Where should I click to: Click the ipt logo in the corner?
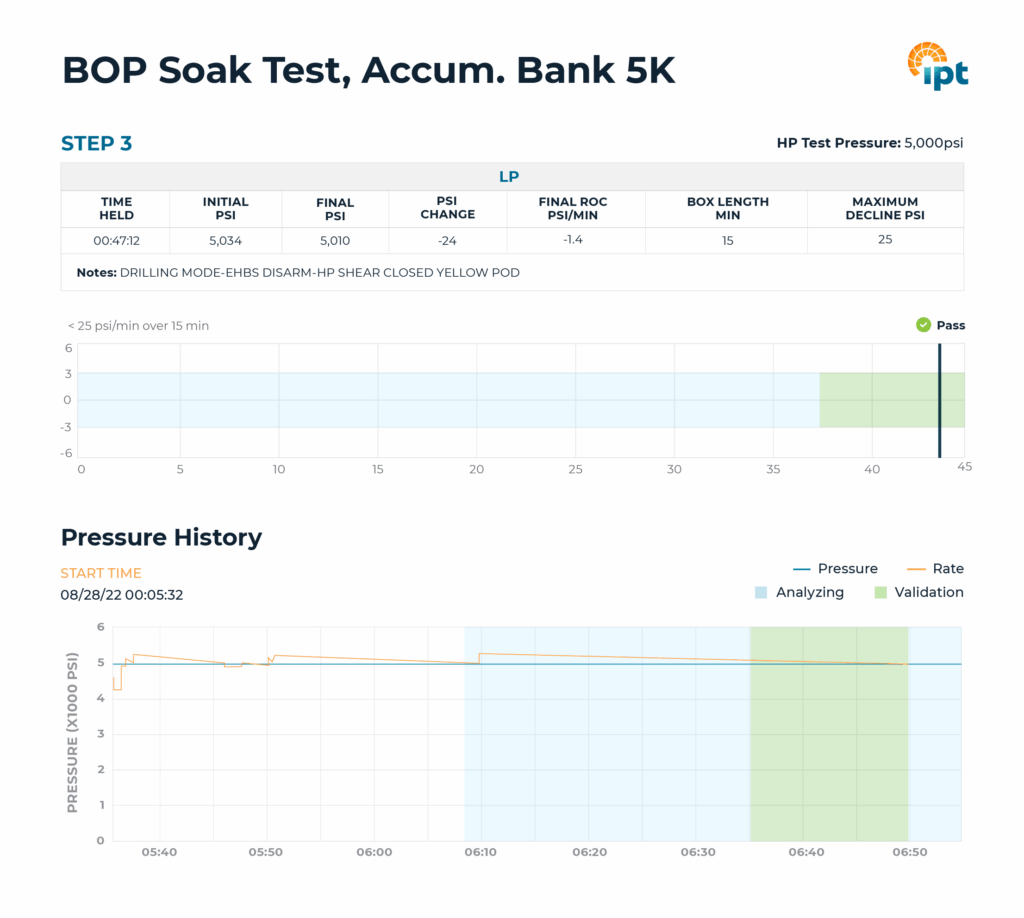[x=937, y=66]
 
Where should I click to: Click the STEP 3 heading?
[x=96, y=144]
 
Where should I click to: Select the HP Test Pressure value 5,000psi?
[x=934, y=143]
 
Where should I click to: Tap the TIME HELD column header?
[x=116, y=208]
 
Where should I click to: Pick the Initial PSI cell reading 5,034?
[x=225, y=240]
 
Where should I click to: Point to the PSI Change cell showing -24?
[x=447, y=241]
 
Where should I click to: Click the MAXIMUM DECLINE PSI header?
[x=885, y=208]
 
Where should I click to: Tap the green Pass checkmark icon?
[x=923, y=325]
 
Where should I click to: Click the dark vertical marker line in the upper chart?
[x=939, y=400]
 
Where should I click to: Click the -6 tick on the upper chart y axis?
[x=69, y=452]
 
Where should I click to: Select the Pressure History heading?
[x=161, y=537]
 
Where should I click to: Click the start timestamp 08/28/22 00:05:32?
[x=121, y=595]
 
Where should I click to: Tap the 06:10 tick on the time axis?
[x=481, y=852]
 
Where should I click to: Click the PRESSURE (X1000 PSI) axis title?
[x=72, y=734]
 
